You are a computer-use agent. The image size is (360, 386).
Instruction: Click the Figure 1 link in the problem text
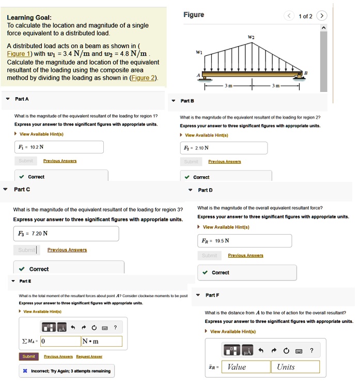[x=18, y=54]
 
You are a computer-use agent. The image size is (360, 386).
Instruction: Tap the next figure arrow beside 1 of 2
[x=322, y=16]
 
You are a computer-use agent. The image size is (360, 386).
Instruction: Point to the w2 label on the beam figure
[x=252, y=37]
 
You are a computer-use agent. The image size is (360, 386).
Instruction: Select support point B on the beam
[x=305, y=73]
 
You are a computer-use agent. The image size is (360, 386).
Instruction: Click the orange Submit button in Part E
[x=29, y=356]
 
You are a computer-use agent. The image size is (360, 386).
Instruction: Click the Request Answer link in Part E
[x=89, y=356]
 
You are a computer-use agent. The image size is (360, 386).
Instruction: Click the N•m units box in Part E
[x=101, y=341]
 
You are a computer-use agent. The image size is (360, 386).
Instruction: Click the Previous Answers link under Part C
[x=67, y=250]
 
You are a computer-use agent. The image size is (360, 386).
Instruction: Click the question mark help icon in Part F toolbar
[x=311, y=350]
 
